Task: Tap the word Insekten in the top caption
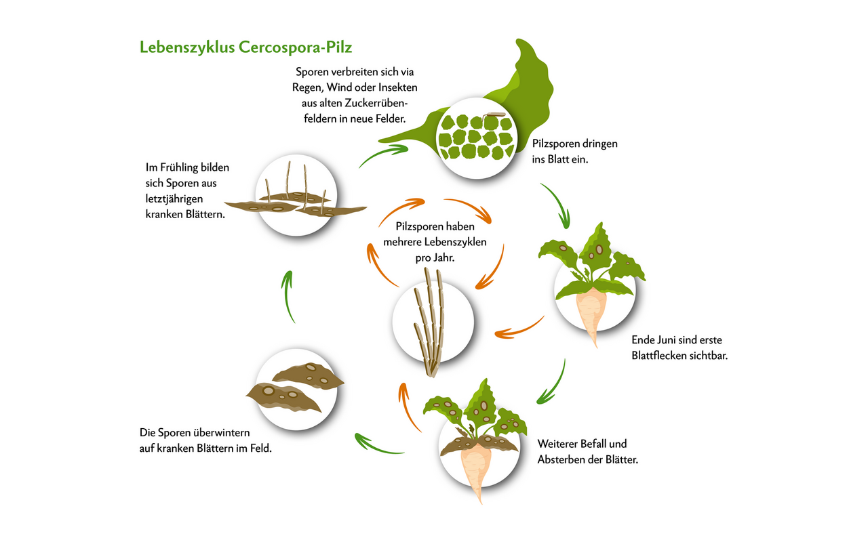[394, 87]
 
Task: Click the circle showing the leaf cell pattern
[475, 136]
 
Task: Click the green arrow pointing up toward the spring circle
[290, 295]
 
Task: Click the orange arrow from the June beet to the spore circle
[519, 329]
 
